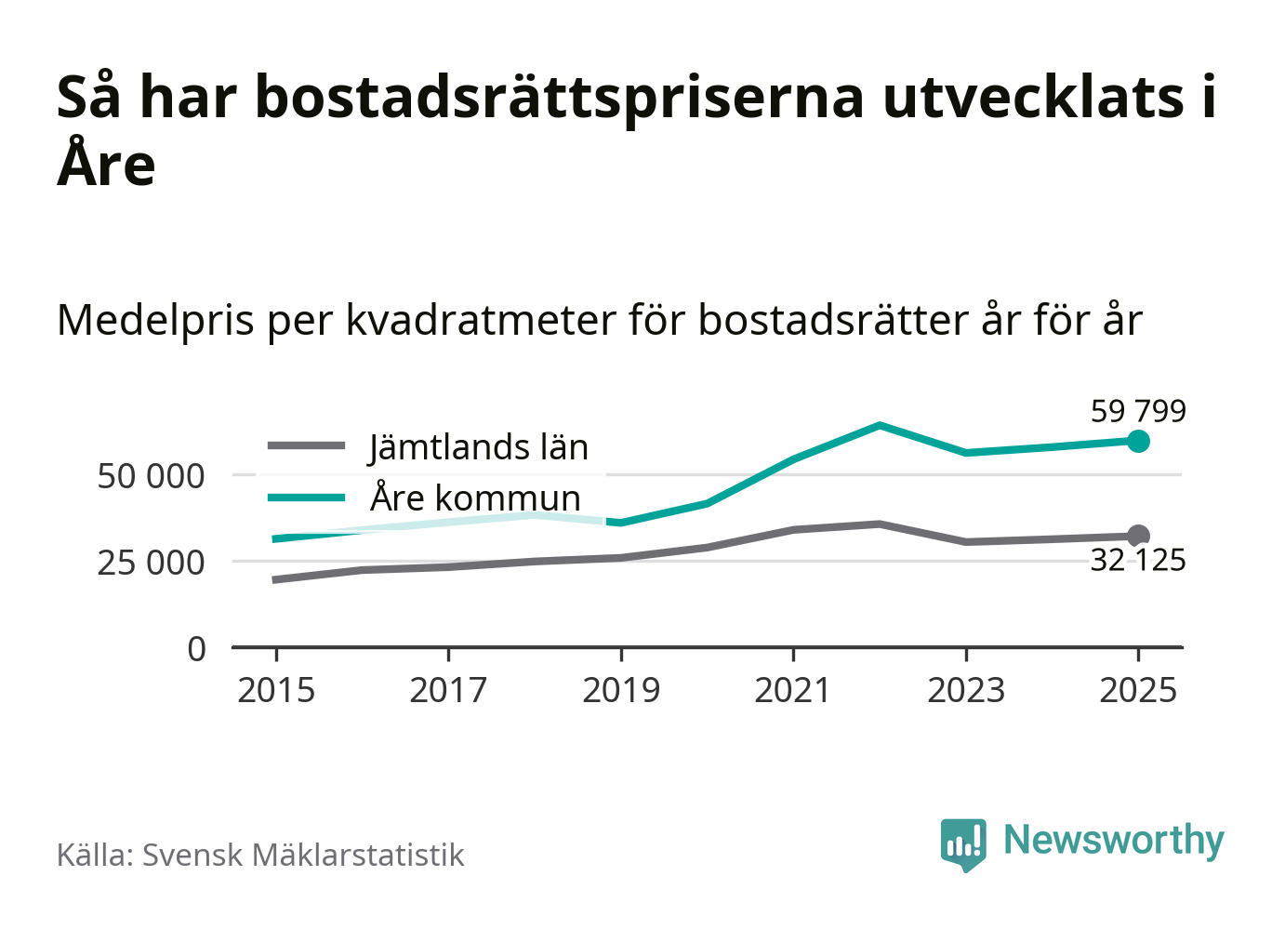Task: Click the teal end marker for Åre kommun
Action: [1138, 441]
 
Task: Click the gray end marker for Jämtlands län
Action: [1138, 536]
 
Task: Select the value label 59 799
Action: [1138, 411]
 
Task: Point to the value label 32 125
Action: [1138, 561]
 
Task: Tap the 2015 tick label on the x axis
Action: [276, 691]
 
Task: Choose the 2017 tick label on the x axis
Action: [448, 691]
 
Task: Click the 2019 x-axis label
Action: [621, 691]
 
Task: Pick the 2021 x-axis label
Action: [793, 691]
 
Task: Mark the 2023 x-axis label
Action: [966, 691]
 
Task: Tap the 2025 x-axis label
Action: [1138, 691]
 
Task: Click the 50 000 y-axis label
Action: [151, 476]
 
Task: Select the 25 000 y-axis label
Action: [151, 563]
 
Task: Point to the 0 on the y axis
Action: [196, 648]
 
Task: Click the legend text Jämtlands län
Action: [478, 447]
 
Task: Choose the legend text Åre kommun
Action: [475, 498]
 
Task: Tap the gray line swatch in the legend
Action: [307, 446]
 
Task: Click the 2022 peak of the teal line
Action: [880, 426]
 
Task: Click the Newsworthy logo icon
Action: [962, 843]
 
